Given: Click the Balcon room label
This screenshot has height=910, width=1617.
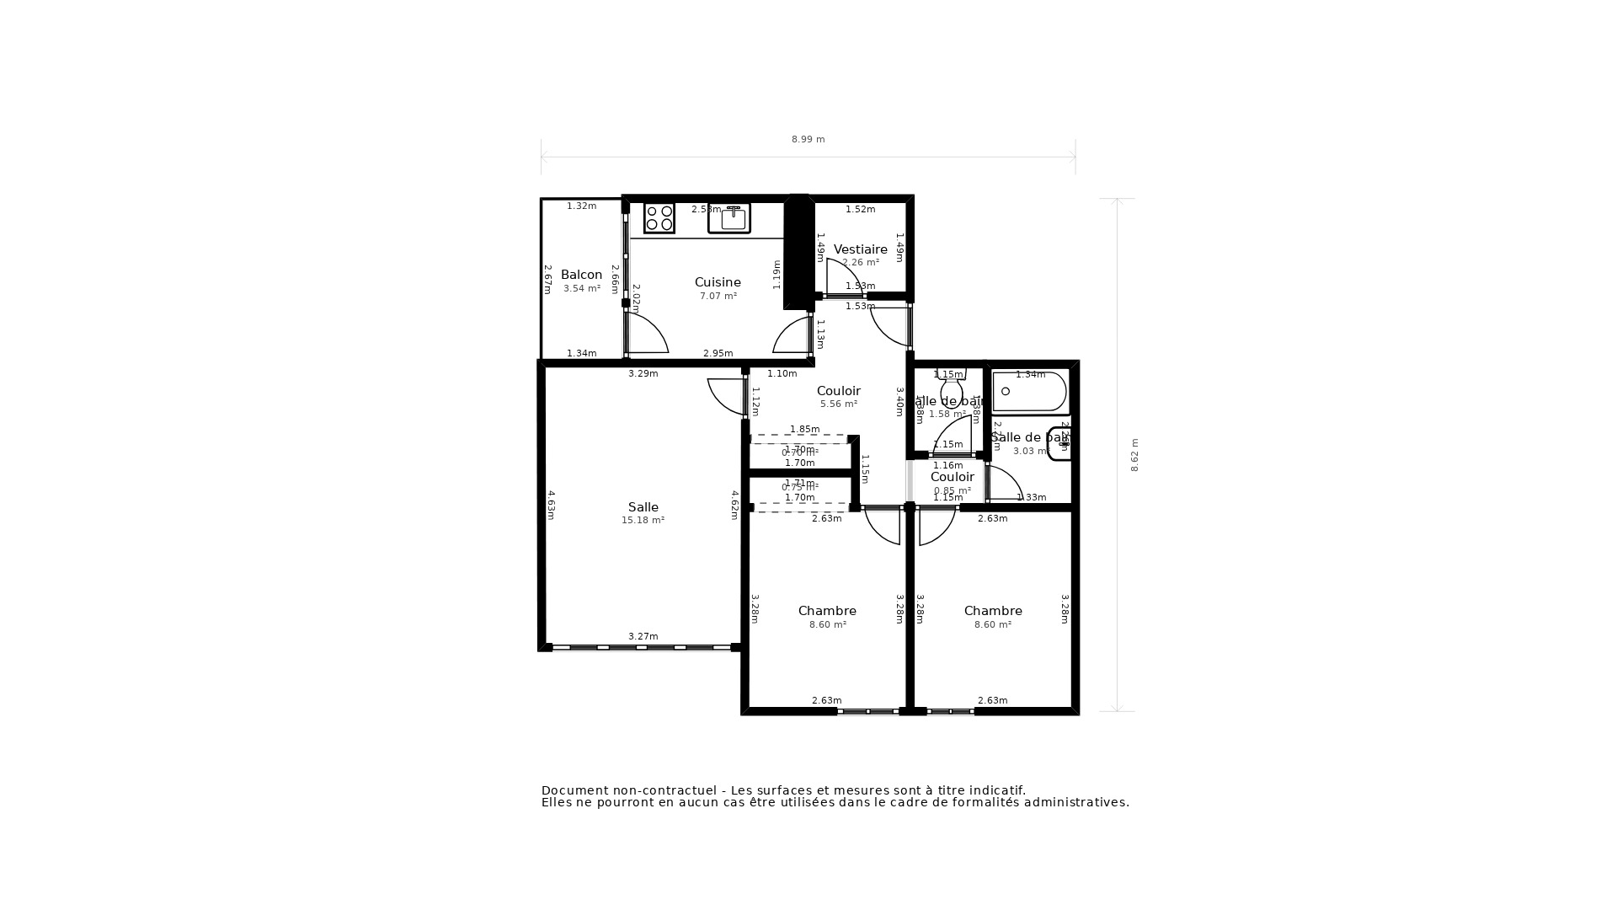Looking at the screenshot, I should pyautogui.click(x=581, y=275).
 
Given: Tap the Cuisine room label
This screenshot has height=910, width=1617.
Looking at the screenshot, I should pyautogui.click(x=718, y=282).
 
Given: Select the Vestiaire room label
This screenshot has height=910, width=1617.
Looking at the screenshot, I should pyautogui.click(x=860, y=249).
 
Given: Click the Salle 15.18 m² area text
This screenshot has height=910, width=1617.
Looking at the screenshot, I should pyautogui.click(x=643, y=521).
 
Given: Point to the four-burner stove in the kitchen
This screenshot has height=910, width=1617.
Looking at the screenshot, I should pyautogui.click(x=659, y=218).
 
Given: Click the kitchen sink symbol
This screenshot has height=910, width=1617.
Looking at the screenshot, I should pyautogui.click(x=729, y=218).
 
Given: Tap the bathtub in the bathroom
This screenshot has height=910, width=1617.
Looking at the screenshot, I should pyautogui.click(x=1029, y=392).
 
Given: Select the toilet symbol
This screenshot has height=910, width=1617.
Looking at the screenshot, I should pyautogui.click(x=952, y=389).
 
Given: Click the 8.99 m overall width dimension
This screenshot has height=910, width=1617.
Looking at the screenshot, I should pyautogui.click(x=808, y=140).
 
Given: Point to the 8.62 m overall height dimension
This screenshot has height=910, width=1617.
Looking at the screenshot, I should pyautogui.click(x=1134, y=455).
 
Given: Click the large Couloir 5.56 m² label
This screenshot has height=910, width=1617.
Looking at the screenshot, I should pyautogui.click(x=838, y=391).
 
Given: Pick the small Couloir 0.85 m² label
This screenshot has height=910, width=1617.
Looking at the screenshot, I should pyautogui.click(x=952, y=477).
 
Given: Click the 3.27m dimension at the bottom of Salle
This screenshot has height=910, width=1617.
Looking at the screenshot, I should pyautogui.click(x=643, y=636).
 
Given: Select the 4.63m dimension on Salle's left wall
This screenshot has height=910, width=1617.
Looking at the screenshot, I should pyautogui.click(x=551, y=505).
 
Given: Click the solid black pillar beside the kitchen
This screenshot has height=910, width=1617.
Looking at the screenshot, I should pyautogui.click(x=796, y=253).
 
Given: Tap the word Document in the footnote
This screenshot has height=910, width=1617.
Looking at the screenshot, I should pyautogui.click(x=574, y=790).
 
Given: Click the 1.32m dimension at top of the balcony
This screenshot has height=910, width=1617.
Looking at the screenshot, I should pyautogui.click(x=581, y=206).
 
